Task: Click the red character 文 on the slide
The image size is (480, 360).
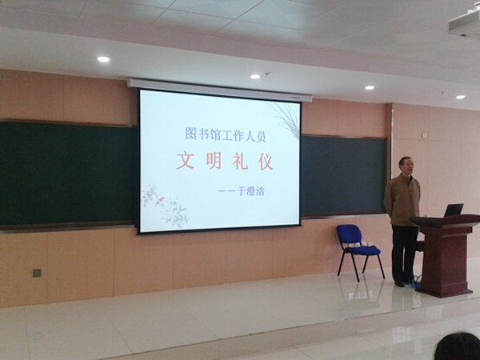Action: point(186,161)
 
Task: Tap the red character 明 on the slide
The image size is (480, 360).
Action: point(214,162)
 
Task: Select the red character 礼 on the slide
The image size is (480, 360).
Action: point(240,162)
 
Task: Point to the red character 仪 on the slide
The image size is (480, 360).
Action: point(266,162)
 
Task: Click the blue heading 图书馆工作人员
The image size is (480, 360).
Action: point(226,134)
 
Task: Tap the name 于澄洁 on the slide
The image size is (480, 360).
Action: point(250,191)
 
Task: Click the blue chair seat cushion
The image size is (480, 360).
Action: point(365,250)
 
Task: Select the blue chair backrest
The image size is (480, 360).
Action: point(349,234)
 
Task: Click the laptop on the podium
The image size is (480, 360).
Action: point(454,210)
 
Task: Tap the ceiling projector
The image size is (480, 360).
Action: point(465,22)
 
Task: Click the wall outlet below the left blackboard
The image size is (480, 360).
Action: point(37,273)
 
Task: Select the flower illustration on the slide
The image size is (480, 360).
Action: point(166,206)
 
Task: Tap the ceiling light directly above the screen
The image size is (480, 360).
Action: point(255,77)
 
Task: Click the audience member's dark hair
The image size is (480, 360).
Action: point(458,346)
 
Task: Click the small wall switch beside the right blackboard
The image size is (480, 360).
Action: point(424,135)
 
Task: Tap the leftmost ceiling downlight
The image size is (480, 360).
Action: point(103,59)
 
